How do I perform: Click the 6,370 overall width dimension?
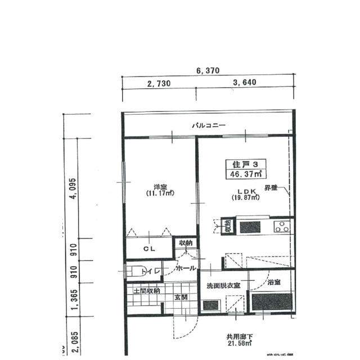pyautogui.click(x=207, y=71)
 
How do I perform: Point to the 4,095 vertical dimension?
pyautogui.click(x=72, y=191)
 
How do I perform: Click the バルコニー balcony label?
pyautogui.click(x=209, y=125)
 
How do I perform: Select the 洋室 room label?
pyautogui.click(x=160, y=187)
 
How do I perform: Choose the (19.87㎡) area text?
pyautogui.click(x=245, y=198)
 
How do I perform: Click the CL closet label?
pyautogui.click(x=148, y=248)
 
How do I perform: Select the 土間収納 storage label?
pyautogui.click(x=146, y=291)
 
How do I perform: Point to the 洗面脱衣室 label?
pyautogui.click(x=223, y=286)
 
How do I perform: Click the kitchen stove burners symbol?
pyautogui.click(x=281, y=227)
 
